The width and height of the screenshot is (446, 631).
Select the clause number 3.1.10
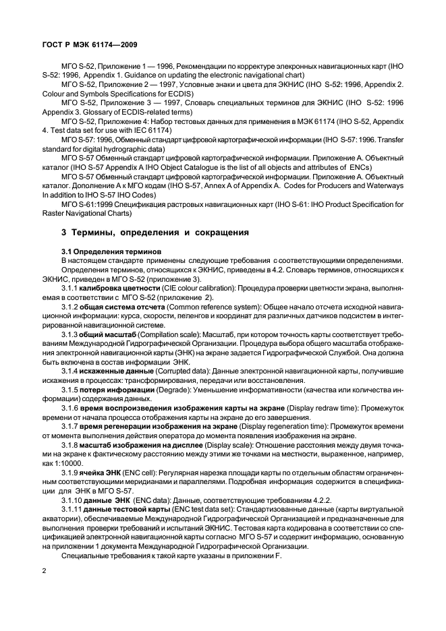click(x=72, y=500)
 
